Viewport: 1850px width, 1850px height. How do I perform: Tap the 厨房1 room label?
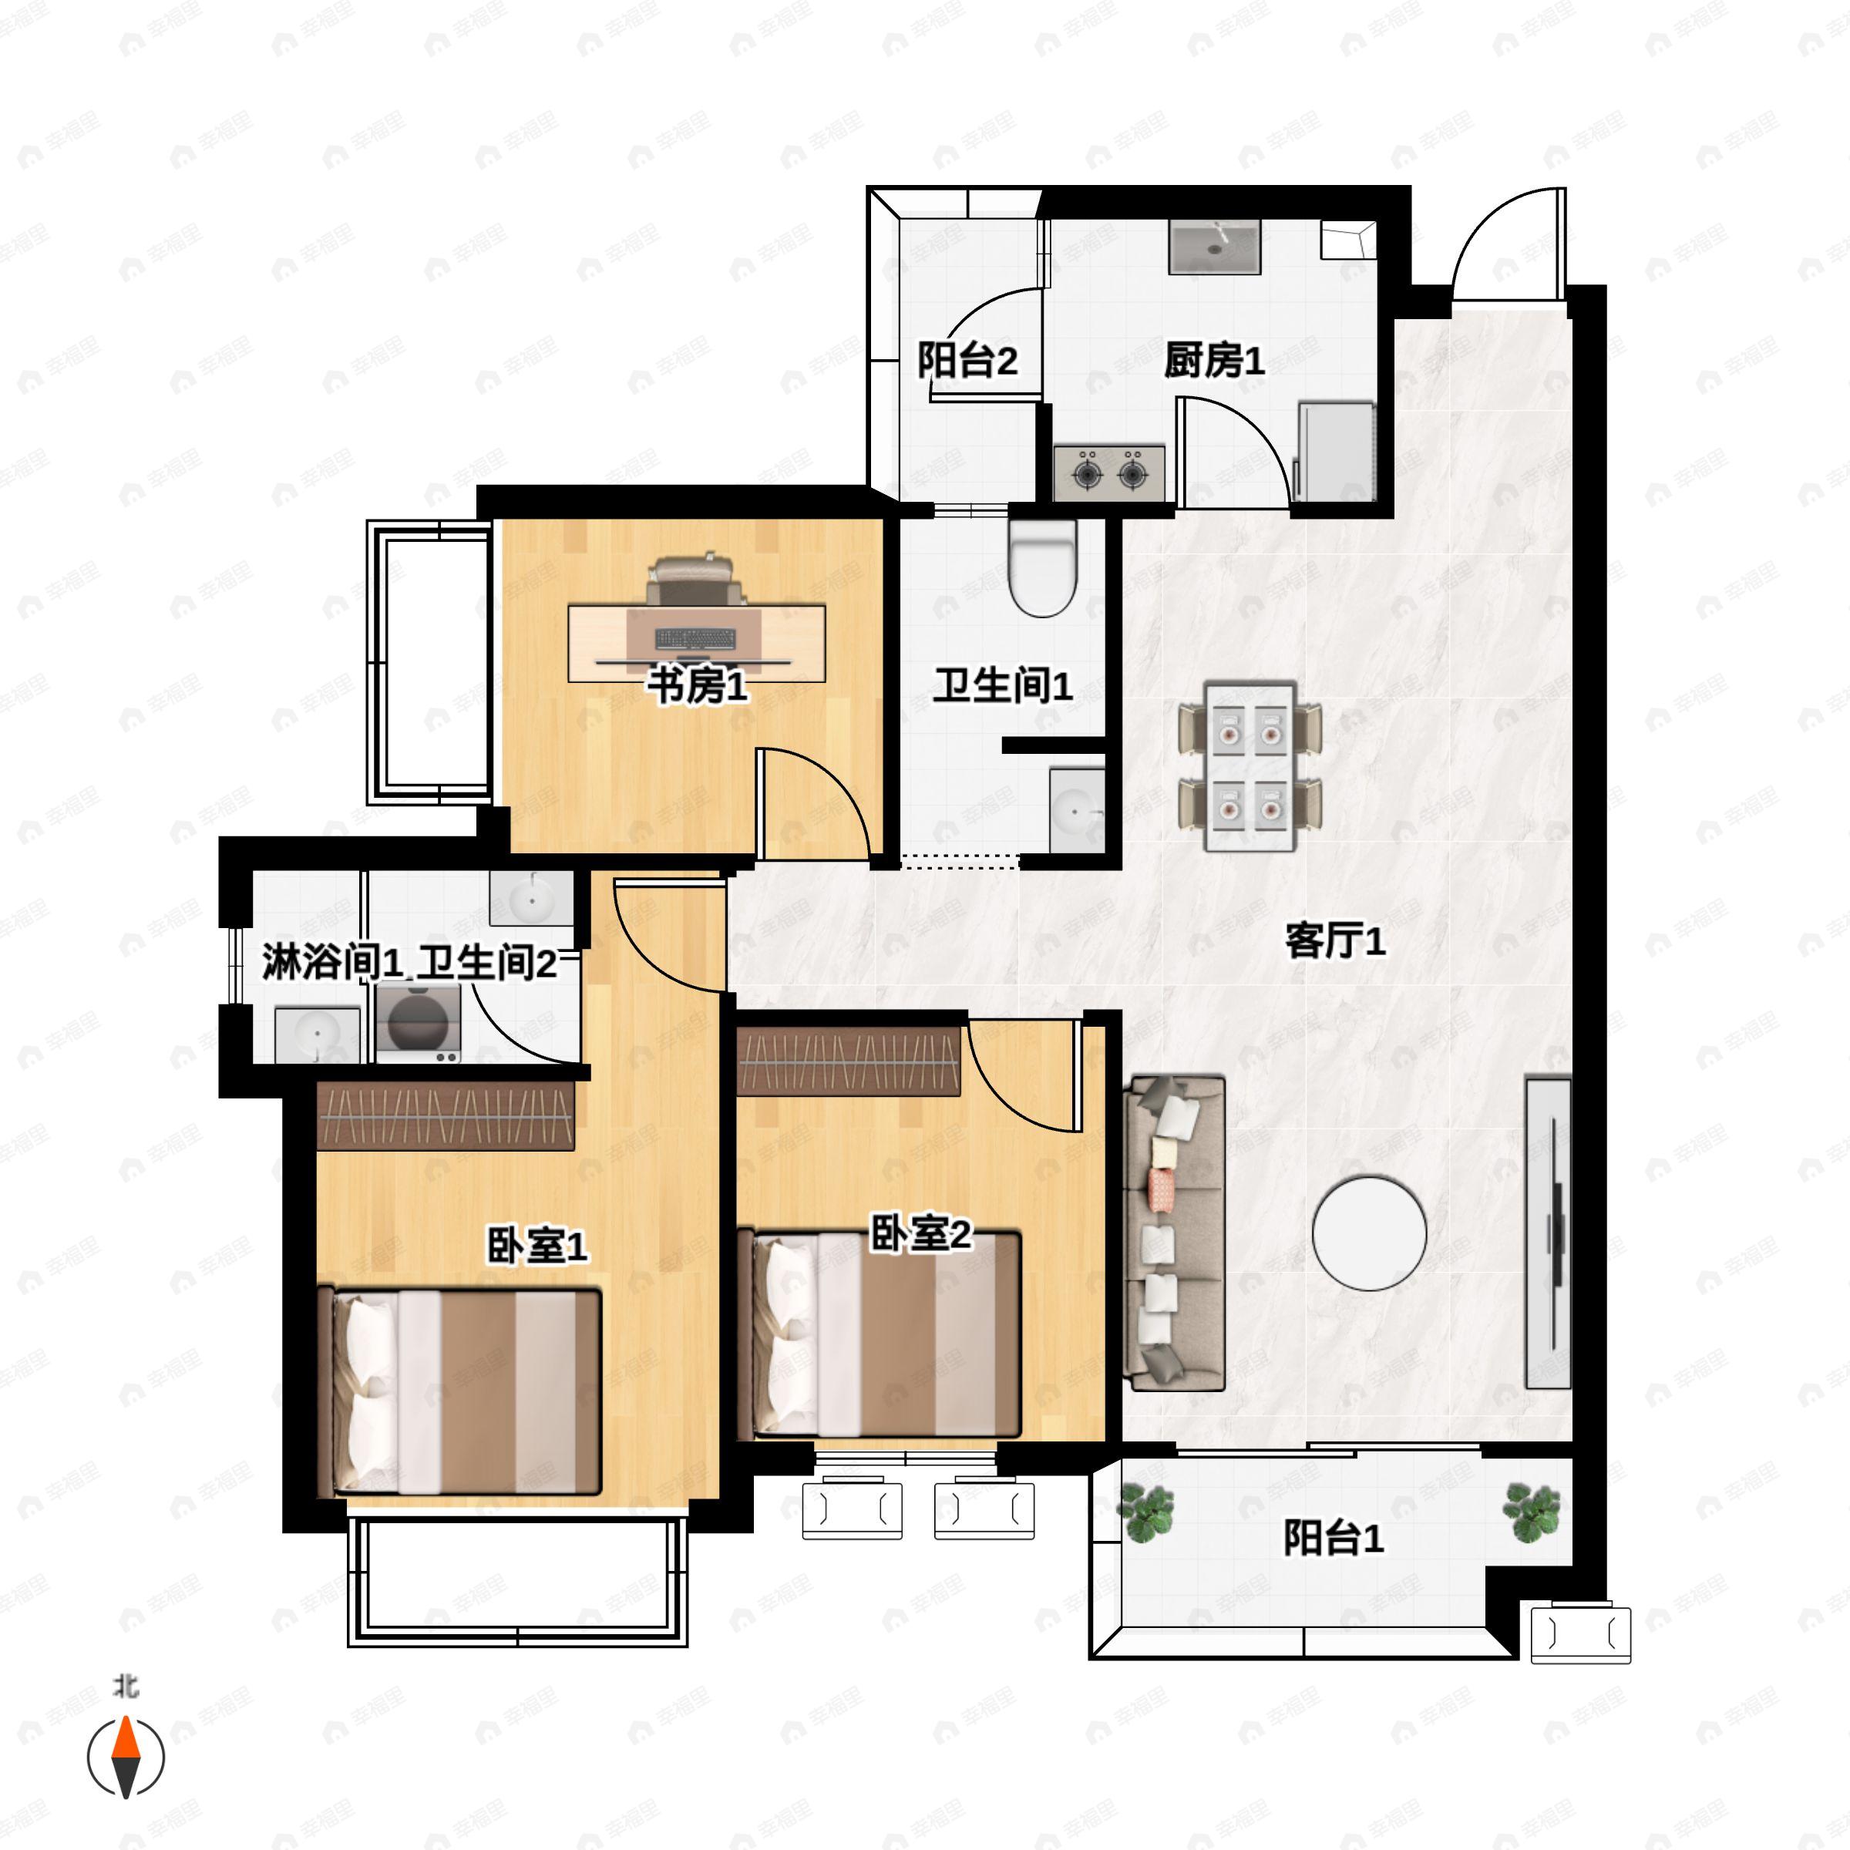click(1213, 361)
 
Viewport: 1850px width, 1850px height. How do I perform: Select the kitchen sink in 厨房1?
click(1214, 247)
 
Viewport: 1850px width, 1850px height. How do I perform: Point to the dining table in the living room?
click(1250, 766)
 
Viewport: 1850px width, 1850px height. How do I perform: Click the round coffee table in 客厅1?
click(1369, 1233)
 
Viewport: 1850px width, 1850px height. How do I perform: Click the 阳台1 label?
click(1333, 1539)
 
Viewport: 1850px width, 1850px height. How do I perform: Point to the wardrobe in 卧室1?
click(446, 1116)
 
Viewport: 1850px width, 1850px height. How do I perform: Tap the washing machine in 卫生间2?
click(418, 1021)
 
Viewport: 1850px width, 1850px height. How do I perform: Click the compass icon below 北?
click(126, 1757)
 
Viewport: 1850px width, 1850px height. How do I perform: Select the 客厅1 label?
click(1335, 941)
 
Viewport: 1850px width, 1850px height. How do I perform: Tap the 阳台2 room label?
click(967, 361)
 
